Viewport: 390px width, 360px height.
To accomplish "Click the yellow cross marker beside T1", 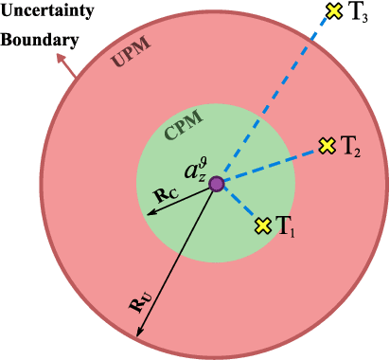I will point(263,225).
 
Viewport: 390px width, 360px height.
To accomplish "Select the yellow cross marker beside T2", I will point(327,146).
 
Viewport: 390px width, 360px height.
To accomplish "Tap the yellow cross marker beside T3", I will point(333,11).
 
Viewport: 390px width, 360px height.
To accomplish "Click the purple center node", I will point(217,184).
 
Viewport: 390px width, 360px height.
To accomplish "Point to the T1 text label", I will point(287,226).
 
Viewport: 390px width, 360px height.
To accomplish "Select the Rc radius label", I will point(165,194).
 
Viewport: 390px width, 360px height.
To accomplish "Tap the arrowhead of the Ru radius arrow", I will point(139,334).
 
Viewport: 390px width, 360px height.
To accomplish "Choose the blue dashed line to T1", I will point(240,206).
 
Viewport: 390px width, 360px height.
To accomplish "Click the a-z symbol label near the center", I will point(195,171).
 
